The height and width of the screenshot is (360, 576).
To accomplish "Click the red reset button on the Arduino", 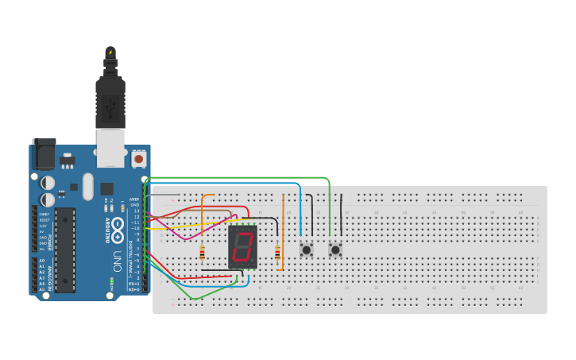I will tap(139, 159).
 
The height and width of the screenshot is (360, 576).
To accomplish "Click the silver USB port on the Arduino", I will tap(110, 149).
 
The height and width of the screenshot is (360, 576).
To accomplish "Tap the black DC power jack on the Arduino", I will tap(44, 154).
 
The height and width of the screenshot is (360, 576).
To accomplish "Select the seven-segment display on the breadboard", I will tap(242, 246).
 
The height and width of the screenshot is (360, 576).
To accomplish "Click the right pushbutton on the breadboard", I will tap(335, 250).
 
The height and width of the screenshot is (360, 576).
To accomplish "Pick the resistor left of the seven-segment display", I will tap(202, 254).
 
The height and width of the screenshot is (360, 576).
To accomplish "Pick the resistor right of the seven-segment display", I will tap(277, 253).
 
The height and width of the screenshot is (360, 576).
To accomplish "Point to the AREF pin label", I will tap(134, 199).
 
